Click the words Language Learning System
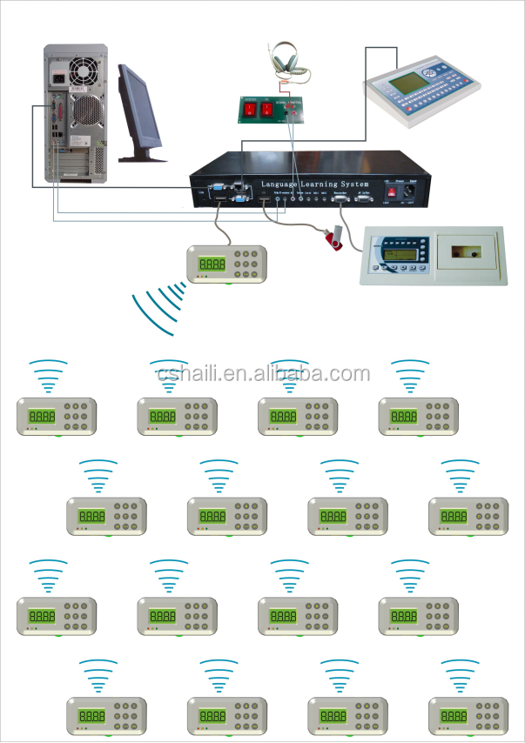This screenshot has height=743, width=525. [314, 184]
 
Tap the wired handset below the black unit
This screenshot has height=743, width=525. [226, 264]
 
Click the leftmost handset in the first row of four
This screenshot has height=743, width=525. [57, 417]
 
